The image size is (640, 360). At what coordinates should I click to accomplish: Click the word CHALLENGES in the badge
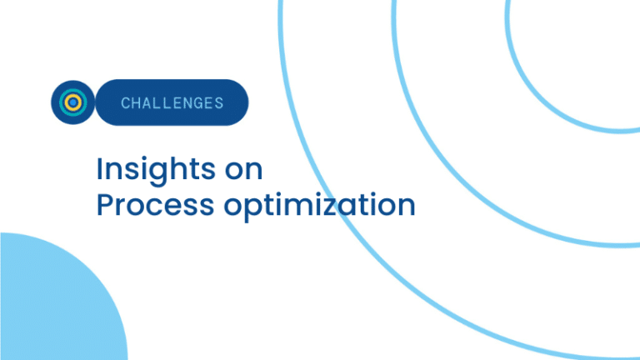172,102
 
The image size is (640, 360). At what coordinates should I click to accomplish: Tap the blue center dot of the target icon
73,102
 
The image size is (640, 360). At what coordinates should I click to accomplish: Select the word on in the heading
243,170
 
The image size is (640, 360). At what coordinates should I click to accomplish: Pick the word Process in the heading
155,204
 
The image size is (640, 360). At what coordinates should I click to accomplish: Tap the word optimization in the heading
320,205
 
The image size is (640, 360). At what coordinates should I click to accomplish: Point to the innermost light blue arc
542,98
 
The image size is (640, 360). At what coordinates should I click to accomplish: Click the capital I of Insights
99,168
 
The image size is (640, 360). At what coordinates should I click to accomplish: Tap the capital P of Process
105,204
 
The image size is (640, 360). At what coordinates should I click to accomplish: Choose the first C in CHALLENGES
125,102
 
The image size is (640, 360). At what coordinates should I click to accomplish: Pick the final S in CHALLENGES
220,102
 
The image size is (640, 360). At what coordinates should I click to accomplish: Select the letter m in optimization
302,206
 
